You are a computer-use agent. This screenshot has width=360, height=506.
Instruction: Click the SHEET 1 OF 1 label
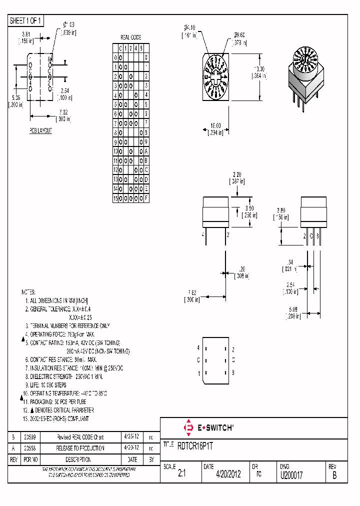26,20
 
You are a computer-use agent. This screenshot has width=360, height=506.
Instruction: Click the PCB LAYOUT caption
40,130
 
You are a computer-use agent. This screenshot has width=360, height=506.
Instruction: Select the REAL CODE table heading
131,37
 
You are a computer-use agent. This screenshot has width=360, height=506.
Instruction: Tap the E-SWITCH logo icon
189,428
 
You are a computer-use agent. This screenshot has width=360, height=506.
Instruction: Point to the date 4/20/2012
228,474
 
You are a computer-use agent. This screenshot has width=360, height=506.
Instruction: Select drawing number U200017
291,474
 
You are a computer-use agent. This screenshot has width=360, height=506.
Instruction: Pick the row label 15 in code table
115,198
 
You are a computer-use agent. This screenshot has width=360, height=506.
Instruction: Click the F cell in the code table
146,198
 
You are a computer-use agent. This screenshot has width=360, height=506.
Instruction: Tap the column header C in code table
120,48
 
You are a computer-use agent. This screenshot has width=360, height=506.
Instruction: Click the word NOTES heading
29,291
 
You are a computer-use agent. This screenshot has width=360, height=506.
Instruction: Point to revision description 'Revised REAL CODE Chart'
80,436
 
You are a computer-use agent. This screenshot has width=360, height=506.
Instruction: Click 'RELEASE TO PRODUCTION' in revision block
80,448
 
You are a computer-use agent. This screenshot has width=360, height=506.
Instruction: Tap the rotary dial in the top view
215,75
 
